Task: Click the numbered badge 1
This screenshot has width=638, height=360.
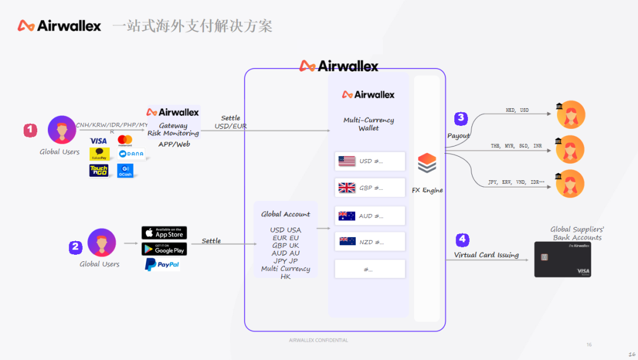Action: pyautogui.click(x=30, y=131)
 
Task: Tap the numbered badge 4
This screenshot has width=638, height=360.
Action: pyautogui.click(x=463, y=240)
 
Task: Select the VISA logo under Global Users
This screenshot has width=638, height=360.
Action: pyautogui.click(x=99, y=141)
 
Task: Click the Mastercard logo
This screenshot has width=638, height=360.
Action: pyautogui.click(x=125, y=140)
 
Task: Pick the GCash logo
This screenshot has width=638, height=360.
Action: pyautogui.click(x=125, y=171)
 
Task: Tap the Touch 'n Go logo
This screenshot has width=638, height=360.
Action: pyautogui.click(x=99, y=171)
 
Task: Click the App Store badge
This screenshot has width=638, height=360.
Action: pyautogui.click(x=164, y=233)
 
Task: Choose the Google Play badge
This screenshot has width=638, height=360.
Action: pyautogui.click(x=164, y=249)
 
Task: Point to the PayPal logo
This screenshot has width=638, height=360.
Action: pyautogui.click(x=162, y=265)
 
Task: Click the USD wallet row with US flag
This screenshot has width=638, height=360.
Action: pyautogui.click(x=370, y=161)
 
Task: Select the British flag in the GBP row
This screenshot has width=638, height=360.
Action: pyautogui.click(x=347, y=188)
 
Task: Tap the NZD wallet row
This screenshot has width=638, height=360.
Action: pyautogui.click(x=370, y=242)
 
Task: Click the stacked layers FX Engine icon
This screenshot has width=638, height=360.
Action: pyautogui.click(x=427, y=163)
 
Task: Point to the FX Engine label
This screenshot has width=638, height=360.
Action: pyautogui.click(x=427, y=190)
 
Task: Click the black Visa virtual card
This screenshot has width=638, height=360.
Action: pyautogui.click(x=562, y=260)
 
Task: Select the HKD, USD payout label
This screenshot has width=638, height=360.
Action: pyautogui.click(x=517, y=110)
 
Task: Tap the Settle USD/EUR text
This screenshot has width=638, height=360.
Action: pyautogui.click(x=230, y=122)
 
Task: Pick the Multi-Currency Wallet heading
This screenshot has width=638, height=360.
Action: pyautogui.click(x=369, y=124)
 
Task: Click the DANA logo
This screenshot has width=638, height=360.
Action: pyautogui.click(x=131, y=154)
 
